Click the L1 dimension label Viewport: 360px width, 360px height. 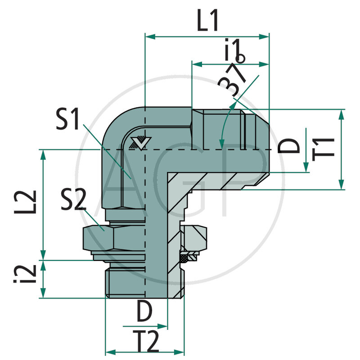tap(208, 21)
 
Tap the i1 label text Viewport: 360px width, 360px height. tap(234, 51)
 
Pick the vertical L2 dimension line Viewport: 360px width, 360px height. tap(44, 205)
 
